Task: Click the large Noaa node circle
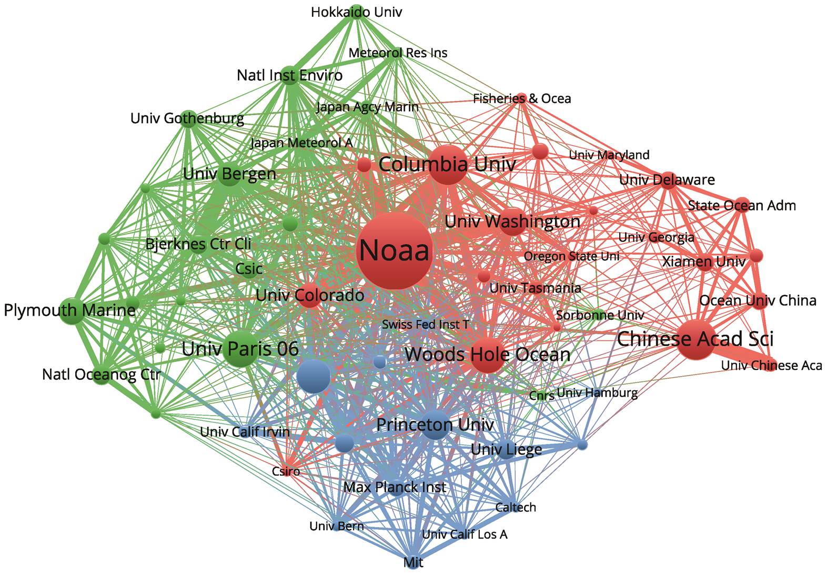(x=395, y=250)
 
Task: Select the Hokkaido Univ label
(x=356, y=12)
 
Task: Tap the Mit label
(x=413, y=562)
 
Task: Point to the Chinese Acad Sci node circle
(x=695, y=339)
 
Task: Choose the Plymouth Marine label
(x=69, y=310)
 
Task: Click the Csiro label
(x=286, y=471)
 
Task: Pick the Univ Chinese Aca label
(x=772, y=366)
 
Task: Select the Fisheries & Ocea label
(x=522, y=98)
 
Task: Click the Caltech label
(x=516, y=507)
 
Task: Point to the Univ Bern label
(x=336, y=526)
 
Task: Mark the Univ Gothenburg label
(x=187, y=119)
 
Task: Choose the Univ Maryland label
(x=609, y=155)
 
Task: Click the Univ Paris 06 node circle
(x=241, y=349)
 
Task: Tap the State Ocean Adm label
(x=742, y=206)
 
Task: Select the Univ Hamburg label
(x=597, y=392)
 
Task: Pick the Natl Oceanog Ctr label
(x=101, y=374)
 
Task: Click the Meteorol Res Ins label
(x=398, y=53)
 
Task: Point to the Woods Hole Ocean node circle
(x=488, y=355)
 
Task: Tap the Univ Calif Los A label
(x=465, y=534)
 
